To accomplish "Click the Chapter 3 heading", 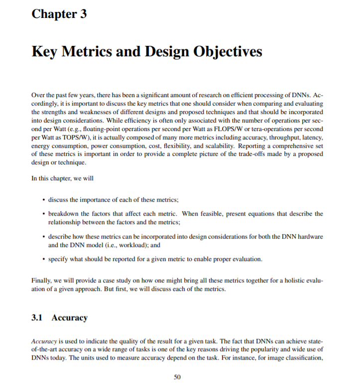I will (x=59, y=14).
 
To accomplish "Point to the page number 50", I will (x=177, y=377).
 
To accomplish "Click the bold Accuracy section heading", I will (x=69, y=318).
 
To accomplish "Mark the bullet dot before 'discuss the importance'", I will (x=44, y=200).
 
